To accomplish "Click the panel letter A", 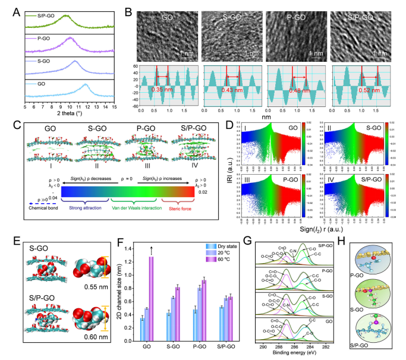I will click(x=7, y=9).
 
